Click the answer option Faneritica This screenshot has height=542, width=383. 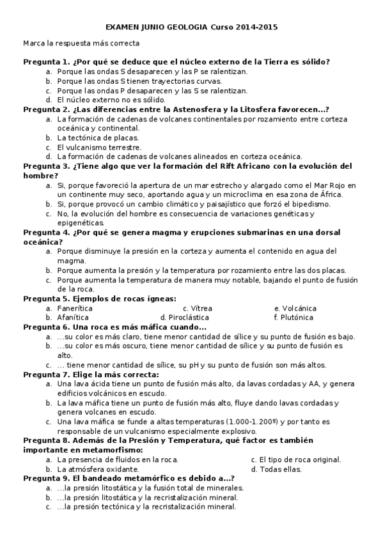point(75,308)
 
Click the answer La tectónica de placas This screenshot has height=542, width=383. point(97,137)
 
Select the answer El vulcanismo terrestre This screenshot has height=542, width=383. point(98,147)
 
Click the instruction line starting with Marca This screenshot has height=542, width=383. point(81,43)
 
